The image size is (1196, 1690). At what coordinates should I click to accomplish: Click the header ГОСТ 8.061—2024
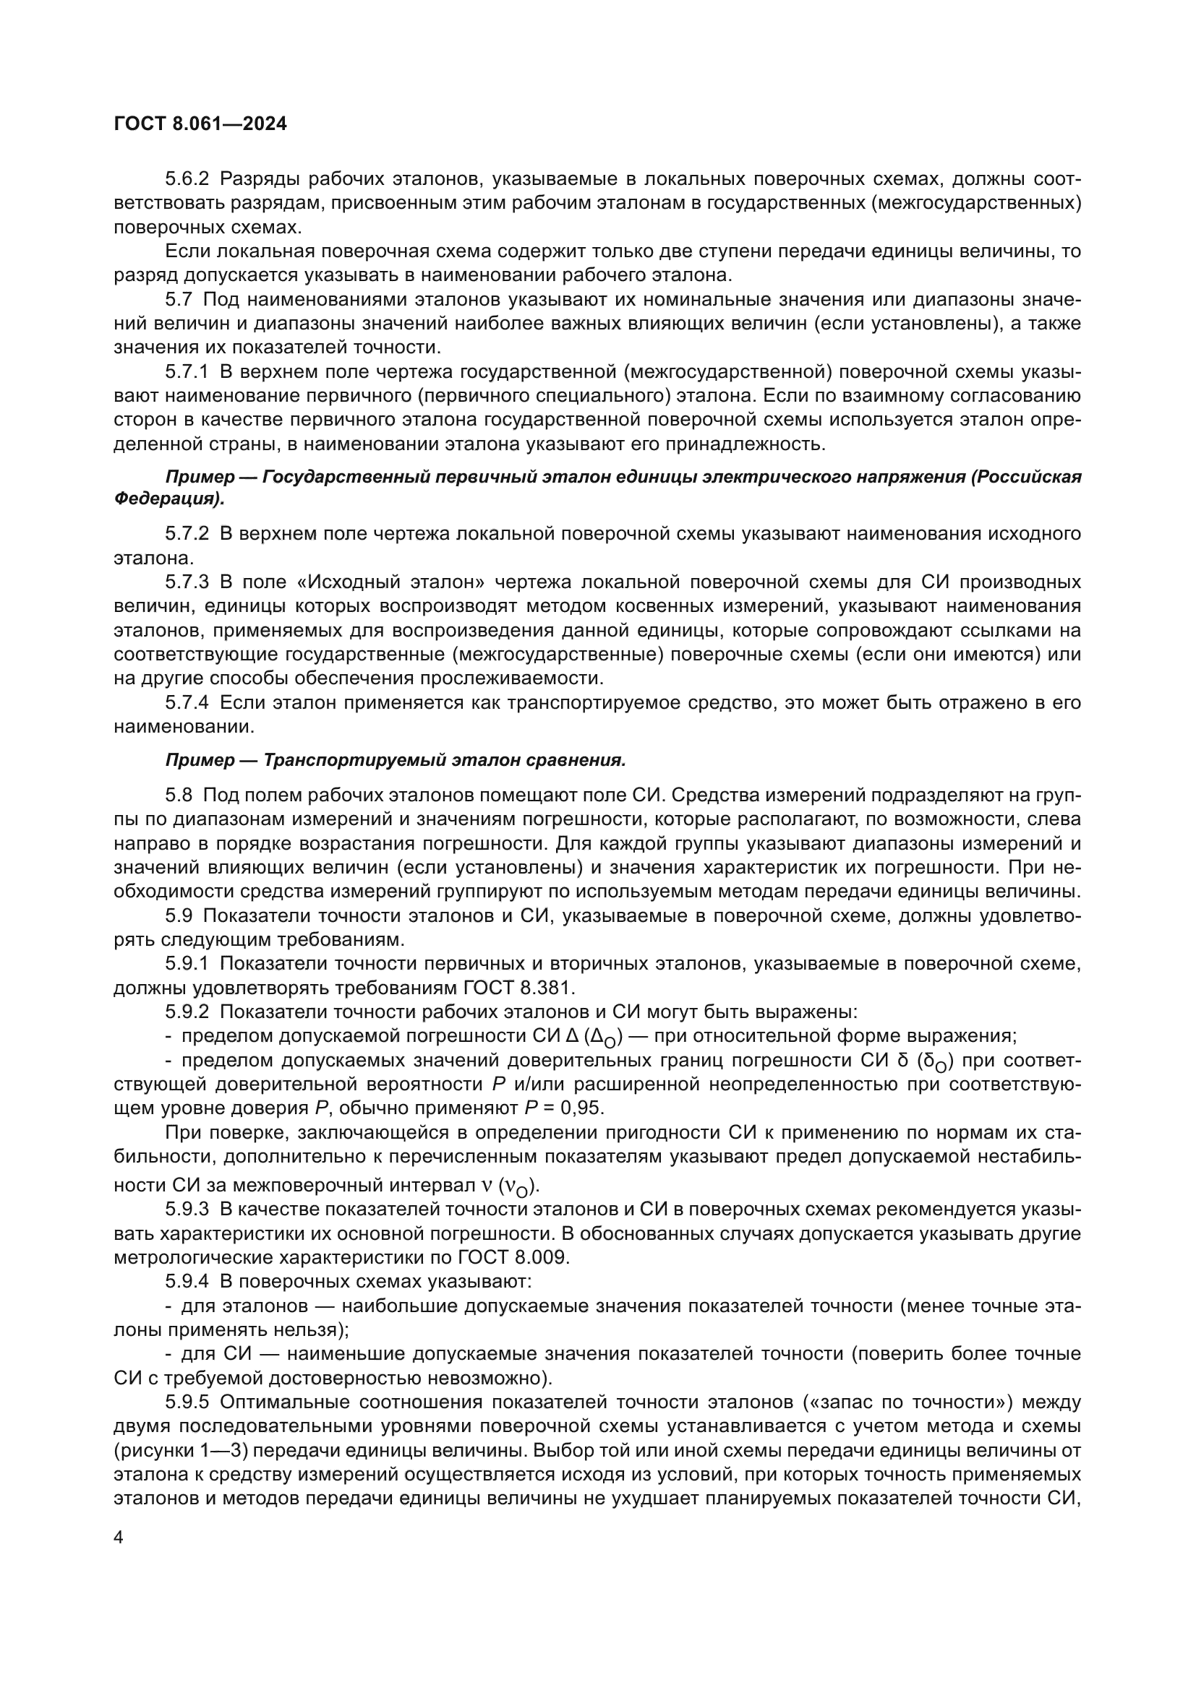click(x=200, y=124)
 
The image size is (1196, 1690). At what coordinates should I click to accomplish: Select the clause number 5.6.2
click(x=187, y=179)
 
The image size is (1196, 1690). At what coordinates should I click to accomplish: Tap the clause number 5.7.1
click(x=187, y=371)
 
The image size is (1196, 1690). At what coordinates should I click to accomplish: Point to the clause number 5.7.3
click(x=187, y=582)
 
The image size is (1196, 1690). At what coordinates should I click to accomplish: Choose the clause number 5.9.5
click(x=187, y=1402)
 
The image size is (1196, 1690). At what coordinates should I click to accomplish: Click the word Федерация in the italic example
click(x=166, y=499)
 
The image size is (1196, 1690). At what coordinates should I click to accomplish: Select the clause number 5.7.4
click(x=187, y=703)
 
